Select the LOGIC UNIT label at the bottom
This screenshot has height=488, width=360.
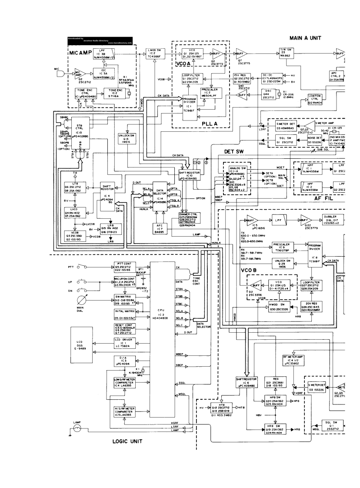pos(128,441)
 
